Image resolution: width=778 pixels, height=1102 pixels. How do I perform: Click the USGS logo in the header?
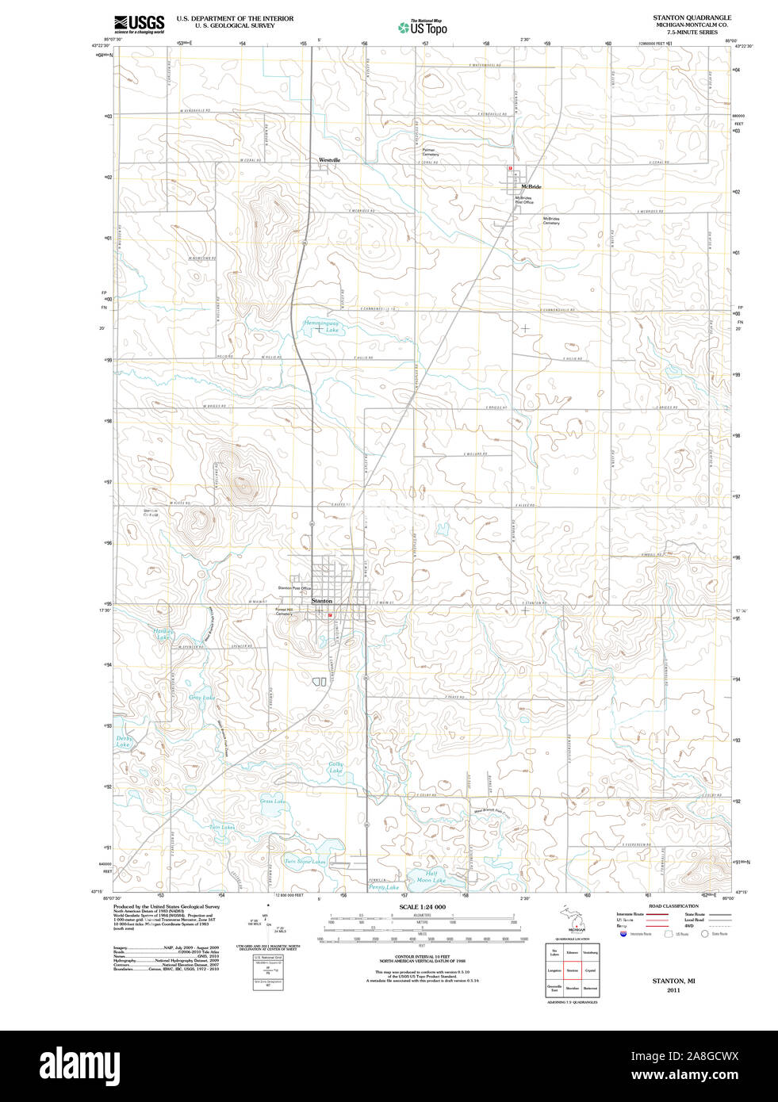(x=139, y=24)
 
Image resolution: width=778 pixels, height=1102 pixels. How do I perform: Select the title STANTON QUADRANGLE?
(x=692, y=17)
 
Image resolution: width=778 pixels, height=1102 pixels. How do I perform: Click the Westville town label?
(x=330, y=160)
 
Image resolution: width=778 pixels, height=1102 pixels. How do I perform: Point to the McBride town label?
(x=531, y=187)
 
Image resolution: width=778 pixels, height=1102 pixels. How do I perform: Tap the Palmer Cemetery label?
(x=430, y=151)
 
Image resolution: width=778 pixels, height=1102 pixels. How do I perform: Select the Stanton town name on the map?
(x=322, y=601)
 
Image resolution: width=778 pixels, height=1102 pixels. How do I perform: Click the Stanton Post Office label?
(x=293, y=588)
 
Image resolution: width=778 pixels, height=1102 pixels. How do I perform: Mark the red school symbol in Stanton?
(x=330, y=614)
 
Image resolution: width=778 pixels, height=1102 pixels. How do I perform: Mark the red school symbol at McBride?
(x=511, y=168)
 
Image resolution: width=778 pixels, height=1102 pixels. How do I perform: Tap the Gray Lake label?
(x=201, y=698)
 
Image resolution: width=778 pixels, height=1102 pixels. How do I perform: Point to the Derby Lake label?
(x=124, y=742)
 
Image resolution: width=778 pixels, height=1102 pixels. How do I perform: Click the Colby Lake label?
(x=335, y=767)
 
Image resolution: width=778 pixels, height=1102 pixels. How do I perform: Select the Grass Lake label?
(x=273, y=802)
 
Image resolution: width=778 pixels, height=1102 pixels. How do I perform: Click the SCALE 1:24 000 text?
(x=422, y=907)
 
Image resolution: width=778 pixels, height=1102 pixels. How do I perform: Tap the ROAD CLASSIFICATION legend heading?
(x=673, y=906)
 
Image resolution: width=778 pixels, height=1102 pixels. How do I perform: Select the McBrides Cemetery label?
(x=551, y=220)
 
